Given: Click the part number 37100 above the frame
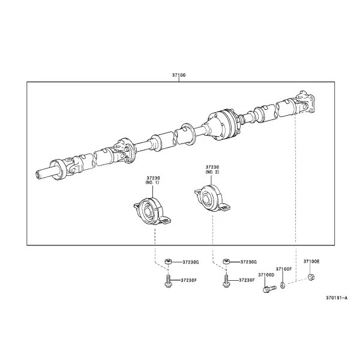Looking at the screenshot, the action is [x=179, y=75].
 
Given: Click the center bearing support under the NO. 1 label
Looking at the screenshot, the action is [x=152, y=211].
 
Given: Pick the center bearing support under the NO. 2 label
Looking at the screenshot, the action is [x=212, y=198].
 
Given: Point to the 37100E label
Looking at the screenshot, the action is [x=311, y=262].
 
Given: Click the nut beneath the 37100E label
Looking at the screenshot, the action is [x=311, y=277].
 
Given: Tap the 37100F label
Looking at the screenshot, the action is [x=284, y=269].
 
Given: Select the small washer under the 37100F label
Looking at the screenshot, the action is [x=283, y=286].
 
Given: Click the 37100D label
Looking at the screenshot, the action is [x=266, y=275].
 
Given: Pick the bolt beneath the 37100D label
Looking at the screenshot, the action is [x=269, y=289].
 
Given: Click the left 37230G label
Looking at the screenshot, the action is [x=191, y=262].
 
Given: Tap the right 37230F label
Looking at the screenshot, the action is [x=247, y=280].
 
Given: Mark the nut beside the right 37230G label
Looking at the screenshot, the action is [x=226, y=262].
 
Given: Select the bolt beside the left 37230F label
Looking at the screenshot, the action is [x=168, y=281].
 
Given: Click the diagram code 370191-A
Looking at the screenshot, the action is [x=337, y=298].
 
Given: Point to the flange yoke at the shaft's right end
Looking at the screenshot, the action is [x=305, y=102].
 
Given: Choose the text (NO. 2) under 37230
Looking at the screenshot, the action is [x=212, y=172].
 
